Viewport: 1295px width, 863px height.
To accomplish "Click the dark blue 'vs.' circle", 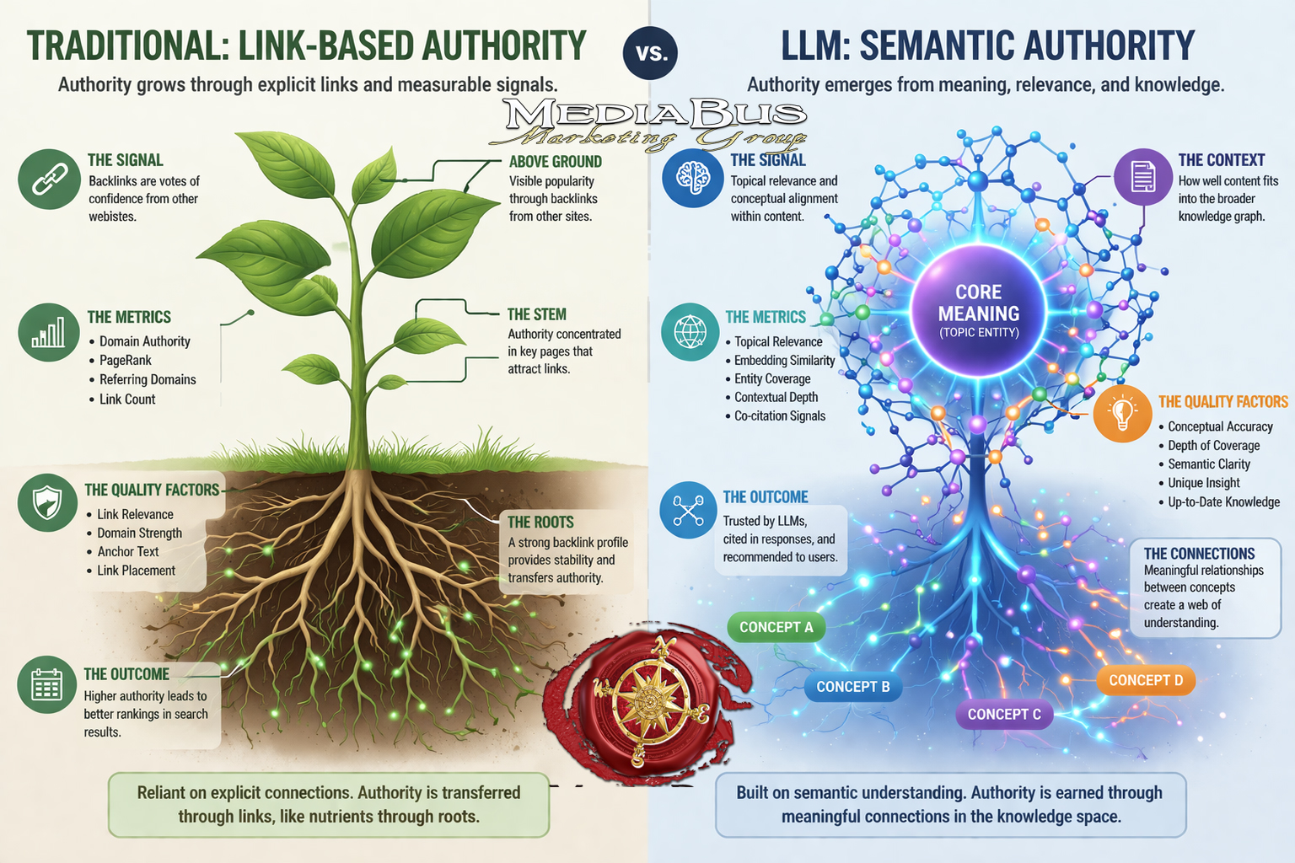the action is (x=650, y=52).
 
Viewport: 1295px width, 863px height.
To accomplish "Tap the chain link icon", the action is (x=49, y=180).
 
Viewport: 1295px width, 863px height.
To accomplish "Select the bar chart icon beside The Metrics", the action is (x=49, y=332).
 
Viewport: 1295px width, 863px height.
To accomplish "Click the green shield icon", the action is (x=47, y=502).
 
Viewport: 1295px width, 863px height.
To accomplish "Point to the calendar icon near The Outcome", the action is (x=47, y=684).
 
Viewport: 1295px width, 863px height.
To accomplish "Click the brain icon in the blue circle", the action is (x=692, y=178).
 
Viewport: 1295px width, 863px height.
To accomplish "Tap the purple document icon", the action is (x=1143, y=176).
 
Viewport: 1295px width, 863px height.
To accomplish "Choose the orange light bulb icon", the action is (x=1123, y=414).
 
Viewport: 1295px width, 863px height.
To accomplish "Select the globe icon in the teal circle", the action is (x=690, y=332).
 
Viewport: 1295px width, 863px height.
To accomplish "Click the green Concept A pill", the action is (x=776, y=627).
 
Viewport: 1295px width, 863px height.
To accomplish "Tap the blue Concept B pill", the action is (x=853, y=687).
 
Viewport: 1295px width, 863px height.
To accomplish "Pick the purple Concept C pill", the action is (x=1004, y=715).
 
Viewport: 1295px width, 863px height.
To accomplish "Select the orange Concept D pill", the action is (x=1146, y=680).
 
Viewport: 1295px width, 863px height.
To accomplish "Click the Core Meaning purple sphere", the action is (x=978, y=311).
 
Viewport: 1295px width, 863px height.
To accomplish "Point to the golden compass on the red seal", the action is (x=650, y=701).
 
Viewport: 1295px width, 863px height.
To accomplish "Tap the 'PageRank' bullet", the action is (x=125, y=360).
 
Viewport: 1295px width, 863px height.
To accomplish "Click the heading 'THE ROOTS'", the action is (x=540, y=522).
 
